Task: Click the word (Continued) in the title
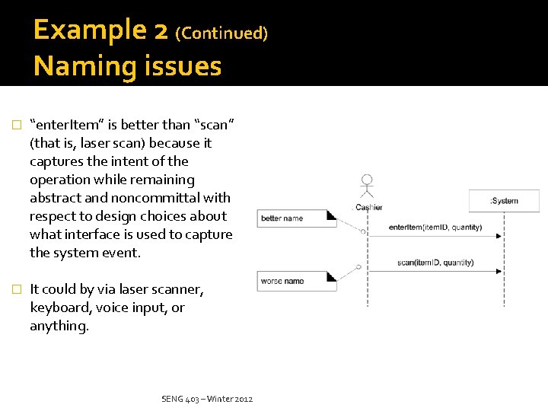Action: (x=221, y=33)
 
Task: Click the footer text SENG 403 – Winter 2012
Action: (x=207, y=400)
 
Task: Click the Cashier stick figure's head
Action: (x=368, y=180)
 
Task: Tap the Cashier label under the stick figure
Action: (x=368, y=207)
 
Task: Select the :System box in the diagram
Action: (x=503, y=201)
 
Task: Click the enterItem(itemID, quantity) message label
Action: (x=435, y=227)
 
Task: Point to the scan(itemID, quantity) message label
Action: (x=435, y=263)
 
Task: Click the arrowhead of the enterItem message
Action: (x=499, y=236)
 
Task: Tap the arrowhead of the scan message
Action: (x=499, y=271)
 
